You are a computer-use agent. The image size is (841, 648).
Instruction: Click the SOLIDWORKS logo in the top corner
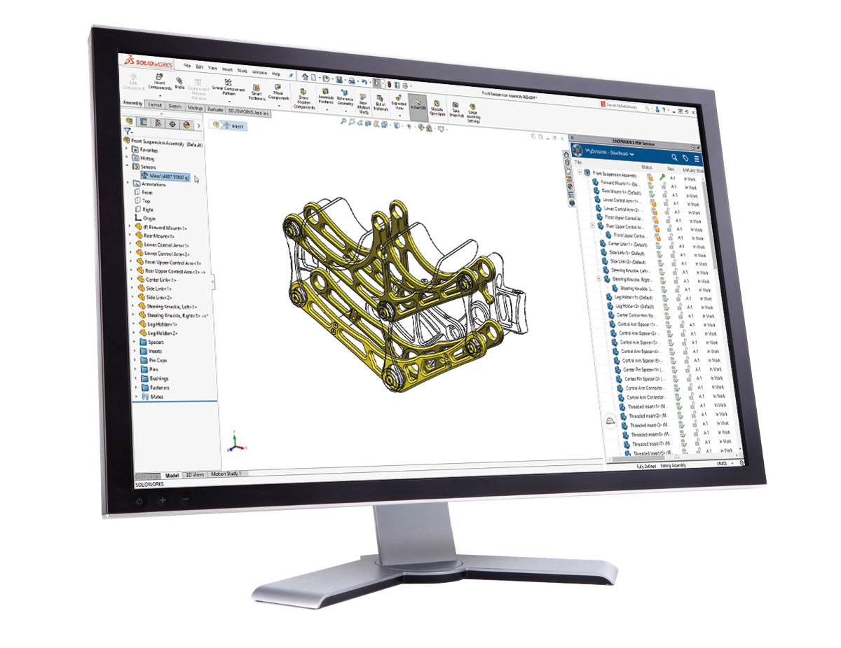(143, 62)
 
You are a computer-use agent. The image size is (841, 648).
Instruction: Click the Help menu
(276, 73)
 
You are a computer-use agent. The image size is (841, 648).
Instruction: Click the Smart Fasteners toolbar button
(257, 91)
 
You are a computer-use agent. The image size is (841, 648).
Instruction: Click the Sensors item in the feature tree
(148, 167)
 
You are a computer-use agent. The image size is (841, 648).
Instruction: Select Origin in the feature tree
(149, 219)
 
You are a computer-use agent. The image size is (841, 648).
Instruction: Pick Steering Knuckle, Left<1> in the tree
(172, 307)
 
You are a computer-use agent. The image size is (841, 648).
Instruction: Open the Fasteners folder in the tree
(159, 387)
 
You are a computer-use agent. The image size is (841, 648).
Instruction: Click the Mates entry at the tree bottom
(156, 397)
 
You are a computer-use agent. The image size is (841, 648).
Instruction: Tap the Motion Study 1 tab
(225, 474)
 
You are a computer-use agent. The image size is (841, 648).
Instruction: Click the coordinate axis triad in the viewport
(236, 443)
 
